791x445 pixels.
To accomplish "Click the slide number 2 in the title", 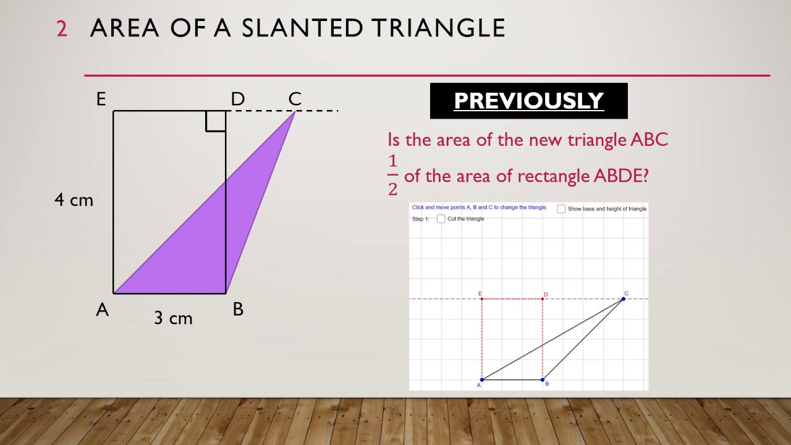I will click(x=62, y=29).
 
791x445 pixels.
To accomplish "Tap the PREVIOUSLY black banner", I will click(x=528, y=101).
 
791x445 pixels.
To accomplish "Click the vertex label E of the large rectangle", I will click(x=101, y=99).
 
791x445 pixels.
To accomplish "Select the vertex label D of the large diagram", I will click(x=238, y=99).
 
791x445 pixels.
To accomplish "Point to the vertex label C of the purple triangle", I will click(x=295, y=99).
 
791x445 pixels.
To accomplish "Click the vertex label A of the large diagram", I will click(x=102, y=310).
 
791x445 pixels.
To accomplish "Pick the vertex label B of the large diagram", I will click(x=238, y=310).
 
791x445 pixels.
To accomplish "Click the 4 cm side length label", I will click(x=74, y=200).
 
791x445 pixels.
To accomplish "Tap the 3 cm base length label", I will click(x=174, y=318).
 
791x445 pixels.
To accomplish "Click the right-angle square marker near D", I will click(x=216, y=121).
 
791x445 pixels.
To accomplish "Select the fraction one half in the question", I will click(x=393, y=176).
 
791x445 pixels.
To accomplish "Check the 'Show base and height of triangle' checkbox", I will click(x=561, y=209).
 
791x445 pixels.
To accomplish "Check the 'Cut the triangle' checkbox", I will click(x=441, y=219).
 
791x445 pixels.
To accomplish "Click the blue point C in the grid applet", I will click(x=623, y=299).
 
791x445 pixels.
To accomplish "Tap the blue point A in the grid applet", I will click(x=482, y=379).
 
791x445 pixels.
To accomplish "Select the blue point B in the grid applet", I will click(x=543, y=379).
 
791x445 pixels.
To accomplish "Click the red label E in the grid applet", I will click(x=480, y=294).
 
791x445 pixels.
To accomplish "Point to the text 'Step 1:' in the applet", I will click(x=420, y=219).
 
